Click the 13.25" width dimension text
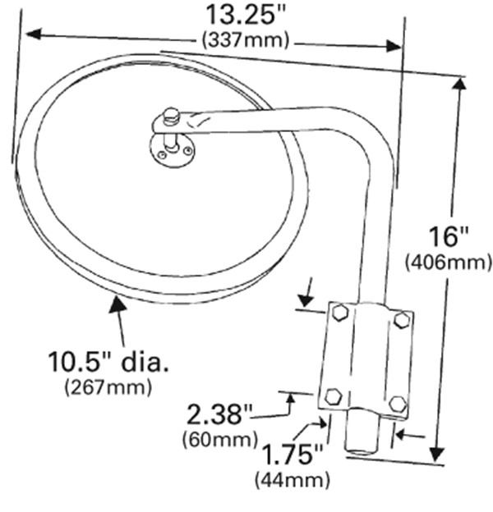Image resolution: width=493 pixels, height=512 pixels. tap(246, 16)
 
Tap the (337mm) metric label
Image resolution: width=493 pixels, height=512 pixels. tap(246, 40)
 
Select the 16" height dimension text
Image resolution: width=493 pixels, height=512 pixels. tap(448, 236)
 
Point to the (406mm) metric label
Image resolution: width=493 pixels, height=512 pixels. tap(449, 262)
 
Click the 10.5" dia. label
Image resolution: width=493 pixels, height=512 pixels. tap(108, 362)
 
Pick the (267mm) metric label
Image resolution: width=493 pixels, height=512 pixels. tap(108, 387)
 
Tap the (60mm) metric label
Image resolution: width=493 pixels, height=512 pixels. tap(220, 440)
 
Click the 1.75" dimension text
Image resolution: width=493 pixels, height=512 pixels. tap(293, 455)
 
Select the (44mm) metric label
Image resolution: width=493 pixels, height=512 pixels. tap(293, 480)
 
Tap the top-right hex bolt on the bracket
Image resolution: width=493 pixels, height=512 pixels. tap(402, 320)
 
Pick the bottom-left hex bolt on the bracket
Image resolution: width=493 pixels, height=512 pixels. tap(334, 396)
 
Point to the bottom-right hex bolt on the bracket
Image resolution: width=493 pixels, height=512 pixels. tap(399, 404)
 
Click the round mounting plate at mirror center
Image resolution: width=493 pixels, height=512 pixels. tap(172, 151)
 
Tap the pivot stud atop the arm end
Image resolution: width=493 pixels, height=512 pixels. tap(171, 117)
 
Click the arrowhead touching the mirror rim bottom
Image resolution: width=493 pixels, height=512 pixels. tap(117, 304)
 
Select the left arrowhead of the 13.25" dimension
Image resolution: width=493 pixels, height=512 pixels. tap(34, 34)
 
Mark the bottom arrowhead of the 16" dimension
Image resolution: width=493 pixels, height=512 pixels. tap(437, 454)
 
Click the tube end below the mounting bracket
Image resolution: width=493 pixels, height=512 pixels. tap(362, 433)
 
